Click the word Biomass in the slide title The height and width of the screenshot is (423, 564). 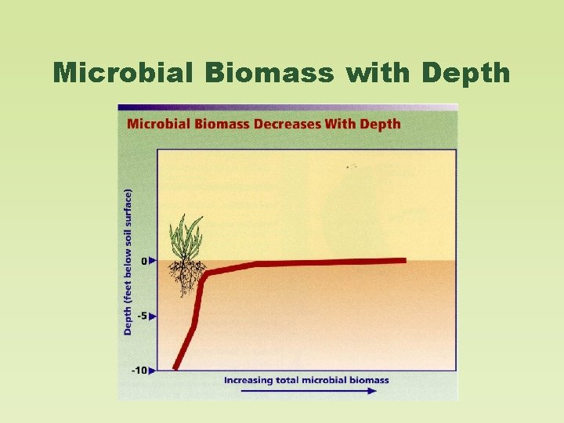pyautogui.click(x=270, y=73)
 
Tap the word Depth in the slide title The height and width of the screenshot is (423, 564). pyautogui.click(x=465, y=73)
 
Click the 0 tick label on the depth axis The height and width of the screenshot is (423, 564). pyautogui.click(x=143, y=260)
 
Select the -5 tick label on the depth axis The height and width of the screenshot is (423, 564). pyautogui.click(x=142, y=316)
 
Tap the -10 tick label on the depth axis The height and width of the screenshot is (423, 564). pyautogui.click(x=139, y=370)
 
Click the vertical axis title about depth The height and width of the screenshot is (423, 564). pyautogui.click(x=128, y=261)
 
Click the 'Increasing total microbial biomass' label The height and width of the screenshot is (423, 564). pyautogui.click(x=306, y=380)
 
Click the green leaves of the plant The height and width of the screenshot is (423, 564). pyautogui.click(x=186, y=237)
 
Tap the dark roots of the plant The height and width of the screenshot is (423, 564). pyautogui.click(x=186, y=277)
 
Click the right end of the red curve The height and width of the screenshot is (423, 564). pyautogui.click(x=403, y=260)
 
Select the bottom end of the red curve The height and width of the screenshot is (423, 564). pyautogui.click(x=176, y=367)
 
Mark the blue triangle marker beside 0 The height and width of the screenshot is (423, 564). pyautogui.click(x=153, y=260)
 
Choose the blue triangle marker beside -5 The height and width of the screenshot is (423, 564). pyautogui.click(x=153, y=316)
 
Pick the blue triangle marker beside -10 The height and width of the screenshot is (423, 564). pyautogui.click(x=153, y=370)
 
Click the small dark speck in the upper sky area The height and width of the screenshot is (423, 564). pyautogui.click(x=350, y=167)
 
